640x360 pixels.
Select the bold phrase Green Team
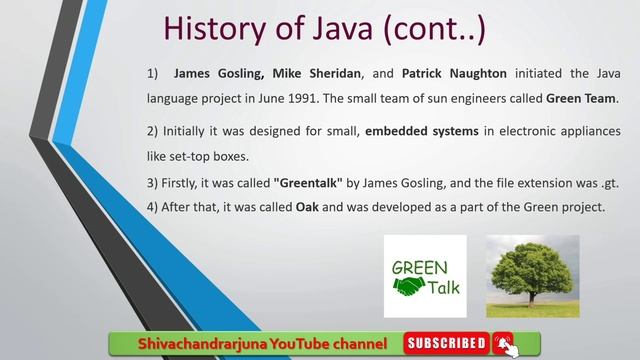pos(582,99)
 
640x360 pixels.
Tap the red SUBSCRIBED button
pos(446,344)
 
